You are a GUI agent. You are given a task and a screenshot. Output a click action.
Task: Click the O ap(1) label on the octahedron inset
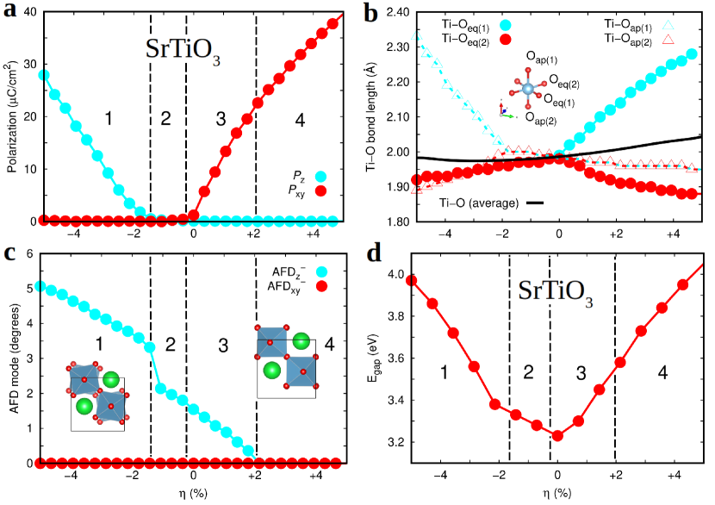pyautogui.click(x=541, y=58)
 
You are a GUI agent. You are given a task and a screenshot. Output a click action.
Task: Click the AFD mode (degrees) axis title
pyautogui.click(x=11, y=358)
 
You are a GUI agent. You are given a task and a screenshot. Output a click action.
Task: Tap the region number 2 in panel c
pyautogui.click(x=170, y=346)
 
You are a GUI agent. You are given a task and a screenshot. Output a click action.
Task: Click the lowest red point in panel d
pyautogui.click(x=557, y=436)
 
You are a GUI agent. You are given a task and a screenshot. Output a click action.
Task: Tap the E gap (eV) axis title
pyautogui.click(x=374, y=358)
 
